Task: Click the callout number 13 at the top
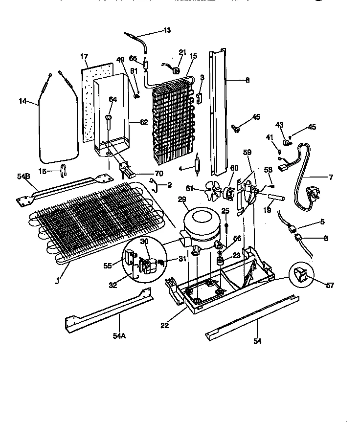coord(167,30)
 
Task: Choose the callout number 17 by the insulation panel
coord(84,57)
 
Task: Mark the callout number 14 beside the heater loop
coord(22,101)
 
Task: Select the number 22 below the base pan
coord(164,325)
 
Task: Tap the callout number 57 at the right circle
coord(330,286)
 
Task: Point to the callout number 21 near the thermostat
coord(182,52)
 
